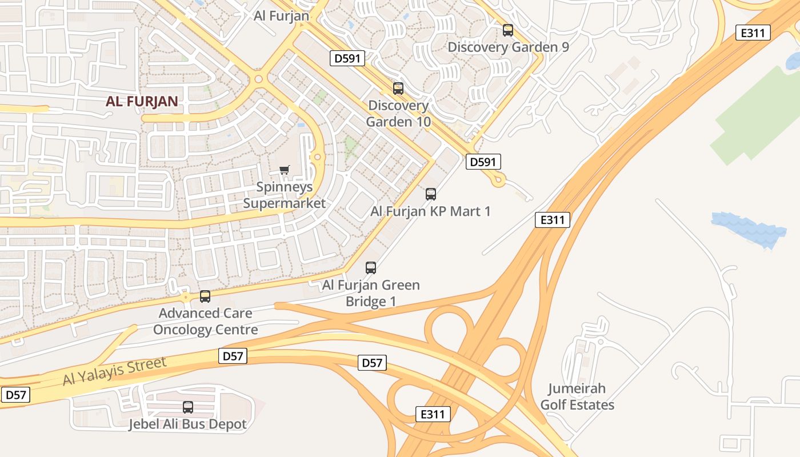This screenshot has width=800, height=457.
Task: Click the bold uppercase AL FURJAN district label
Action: click(x=142, y=102)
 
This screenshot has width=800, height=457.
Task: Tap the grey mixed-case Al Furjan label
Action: click(x=281, y=15)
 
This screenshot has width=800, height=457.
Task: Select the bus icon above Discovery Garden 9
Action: click(x=508, y=30)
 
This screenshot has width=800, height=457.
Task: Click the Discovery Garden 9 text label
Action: click(x=508, y=47)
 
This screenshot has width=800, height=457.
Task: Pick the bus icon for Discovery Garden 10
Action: click(x=398, y=89)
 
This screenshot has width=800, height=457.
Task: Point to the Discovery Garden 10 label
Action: click(x=398, y=114)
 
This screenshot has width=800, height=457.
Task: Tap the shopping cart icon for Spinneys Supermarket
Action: click(x=284, y=170)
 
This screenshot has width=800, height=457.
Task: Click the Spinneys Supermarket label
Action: click(x=284, y=195)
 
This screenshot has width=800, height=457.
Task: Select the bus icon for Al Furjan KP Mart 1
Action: click(x=431, y=194)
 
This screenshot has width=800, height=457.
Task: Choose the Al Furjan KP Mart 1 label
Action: click(x=430, y=211)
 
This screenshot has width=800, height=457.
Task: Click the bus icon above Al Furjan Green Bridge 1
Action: click(x=371, y=267)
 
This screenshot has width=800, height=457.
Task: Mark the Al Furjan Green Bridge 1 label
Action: click(x=371, y=292)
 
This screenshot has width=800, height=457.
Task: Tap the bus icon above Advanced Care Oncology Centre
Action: click(x=205, y=296)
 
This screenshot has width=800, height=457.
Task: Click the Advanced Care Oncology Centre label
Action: click(x=205, y=321)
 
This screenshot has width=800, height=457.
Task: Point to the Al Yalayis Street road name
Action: click(x=114, y=371)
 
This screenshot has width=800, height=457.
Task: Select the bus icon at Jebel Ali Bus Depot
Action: click(x=188, y=407)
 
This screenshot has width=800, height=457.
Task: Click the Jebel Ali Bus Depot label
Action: click(x=187, y=424)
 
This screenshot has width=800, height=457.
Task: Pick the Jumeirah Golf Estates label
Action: click(x=577, y=396)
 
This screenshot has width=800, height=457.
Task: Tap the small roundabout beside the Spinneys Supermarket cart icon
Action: click(x=317, y=157)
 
